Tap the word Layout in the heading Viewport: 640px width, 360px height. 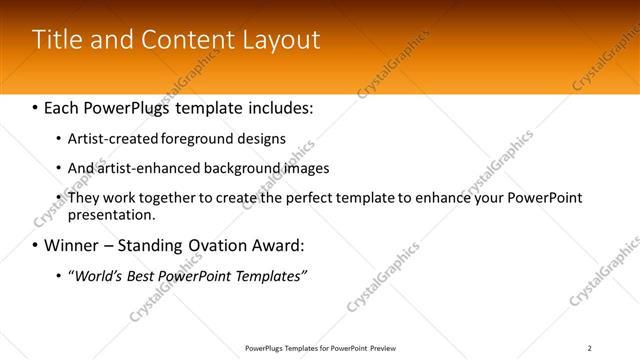pos(282,40)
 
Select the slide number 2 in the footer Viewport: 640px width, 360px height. pos(589,348)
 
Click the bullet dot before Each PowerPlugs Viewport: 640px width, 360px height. pos(36,106)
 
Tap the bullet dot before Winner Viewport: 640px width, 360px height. pos(36,245)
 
